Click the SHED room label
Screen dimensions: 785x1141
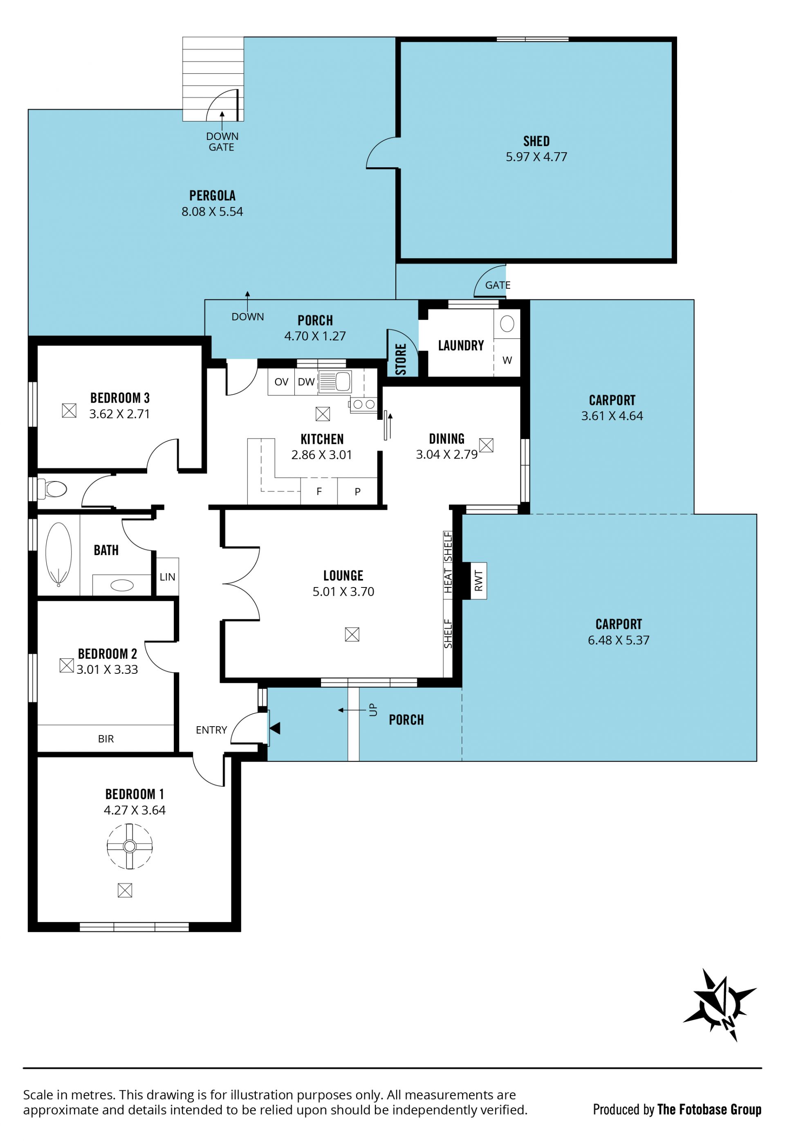pyautogui.click(x=536, y=141)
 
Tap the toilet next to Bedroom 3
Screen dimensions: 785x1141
pyautogui.click(x=52, y=489)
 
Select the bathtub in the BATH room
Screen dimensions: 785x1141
pyautogui.click(x=58, y=554)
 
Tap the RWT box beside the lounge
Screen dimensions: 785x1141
pyautogui.click(x=479, y=581)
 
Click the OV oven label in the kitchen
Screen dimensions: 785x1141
pyautogui.click(x=281, y=382)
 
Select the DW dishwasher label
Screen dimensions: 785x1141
pyautogui.click(x=306, y=382)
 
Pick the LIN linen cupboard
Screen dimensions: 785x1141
pyautogui.click(x=167, y=577)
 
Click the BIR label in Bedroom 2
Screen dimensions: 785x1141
pyautogui.click(x=106, y=738)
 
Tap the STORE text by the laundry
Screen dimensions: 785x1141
pyautogui.click(x=401, y=359)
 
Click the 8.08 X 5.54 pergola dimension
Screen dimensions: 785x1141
pyautogui.click(x=212, y=212)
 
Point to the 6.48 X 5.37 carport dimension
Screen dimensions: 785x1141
pyautogui.click(x=618, y=640)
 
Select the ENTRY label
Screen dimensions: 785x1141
pyautogui.click(x=211, y=730)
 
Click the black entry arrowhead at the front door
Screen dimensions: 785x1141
pyautogui.click(x=275, y=728)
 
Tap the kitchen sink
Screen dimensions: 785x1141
pyautogui.click(x=335, y=382)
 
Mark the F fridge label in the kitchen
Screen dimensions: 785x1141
pyautogui.click(x=319, y=491)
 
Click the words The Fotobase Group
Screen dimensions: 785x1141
pyautogui.click(x=709, y=1109)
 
